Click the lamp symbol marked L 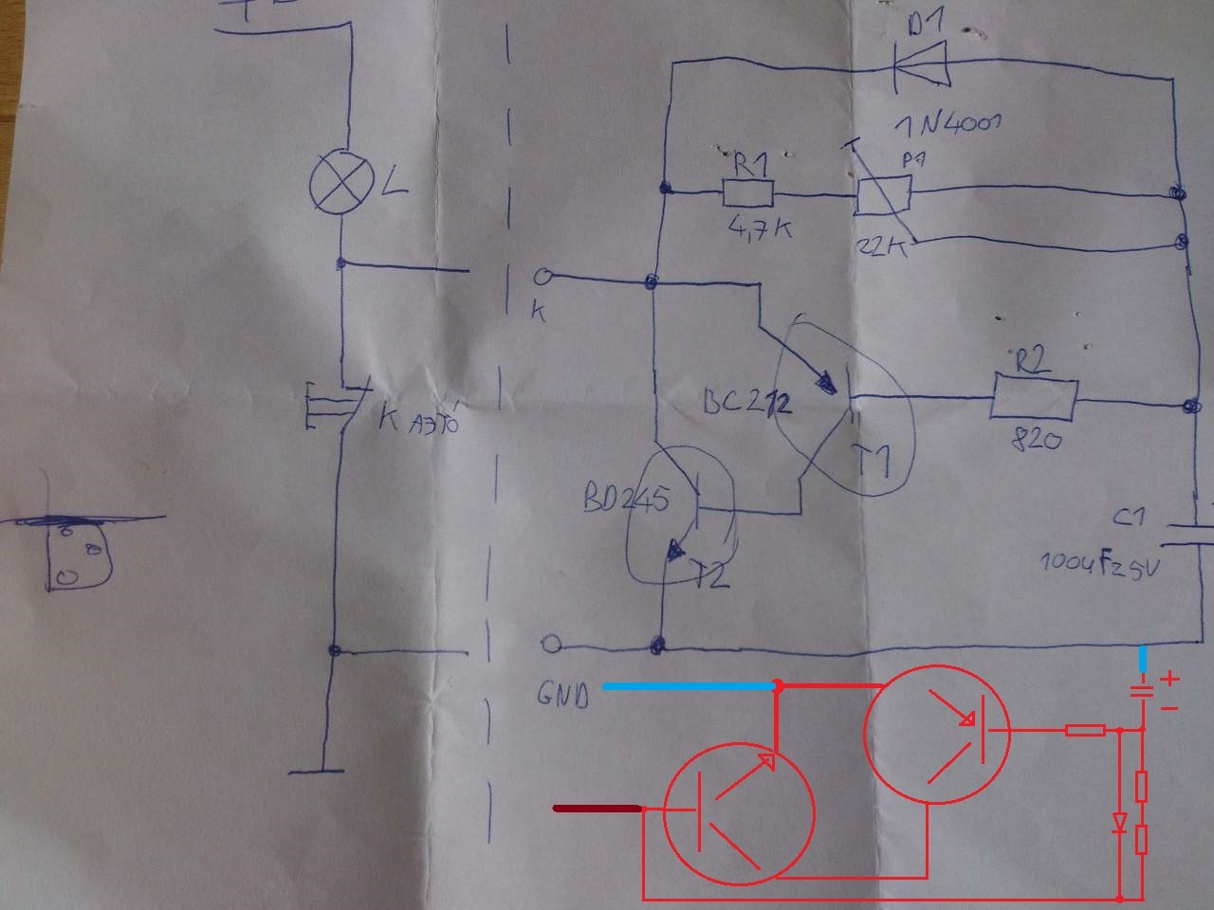click(x=341, y=184)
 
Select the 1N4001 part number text click(x=947, y=124)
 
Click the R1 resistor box click(x=748, y=193)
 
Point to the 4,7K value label click(x=758, y=230)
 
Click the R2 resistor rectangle click(x=1035, y=399)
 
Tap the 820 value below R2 click(x=1038, y=440)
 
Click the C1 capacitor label click(x=1129, y=519)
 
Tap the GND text click(x=562, y=695)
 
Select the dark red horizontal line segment click(x=598, y=809)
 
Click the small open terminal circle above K click(x=543, y=278)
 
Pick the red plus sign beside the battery click(x=1170, y=678)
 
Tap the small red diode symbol click(x=1121, y=822)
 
